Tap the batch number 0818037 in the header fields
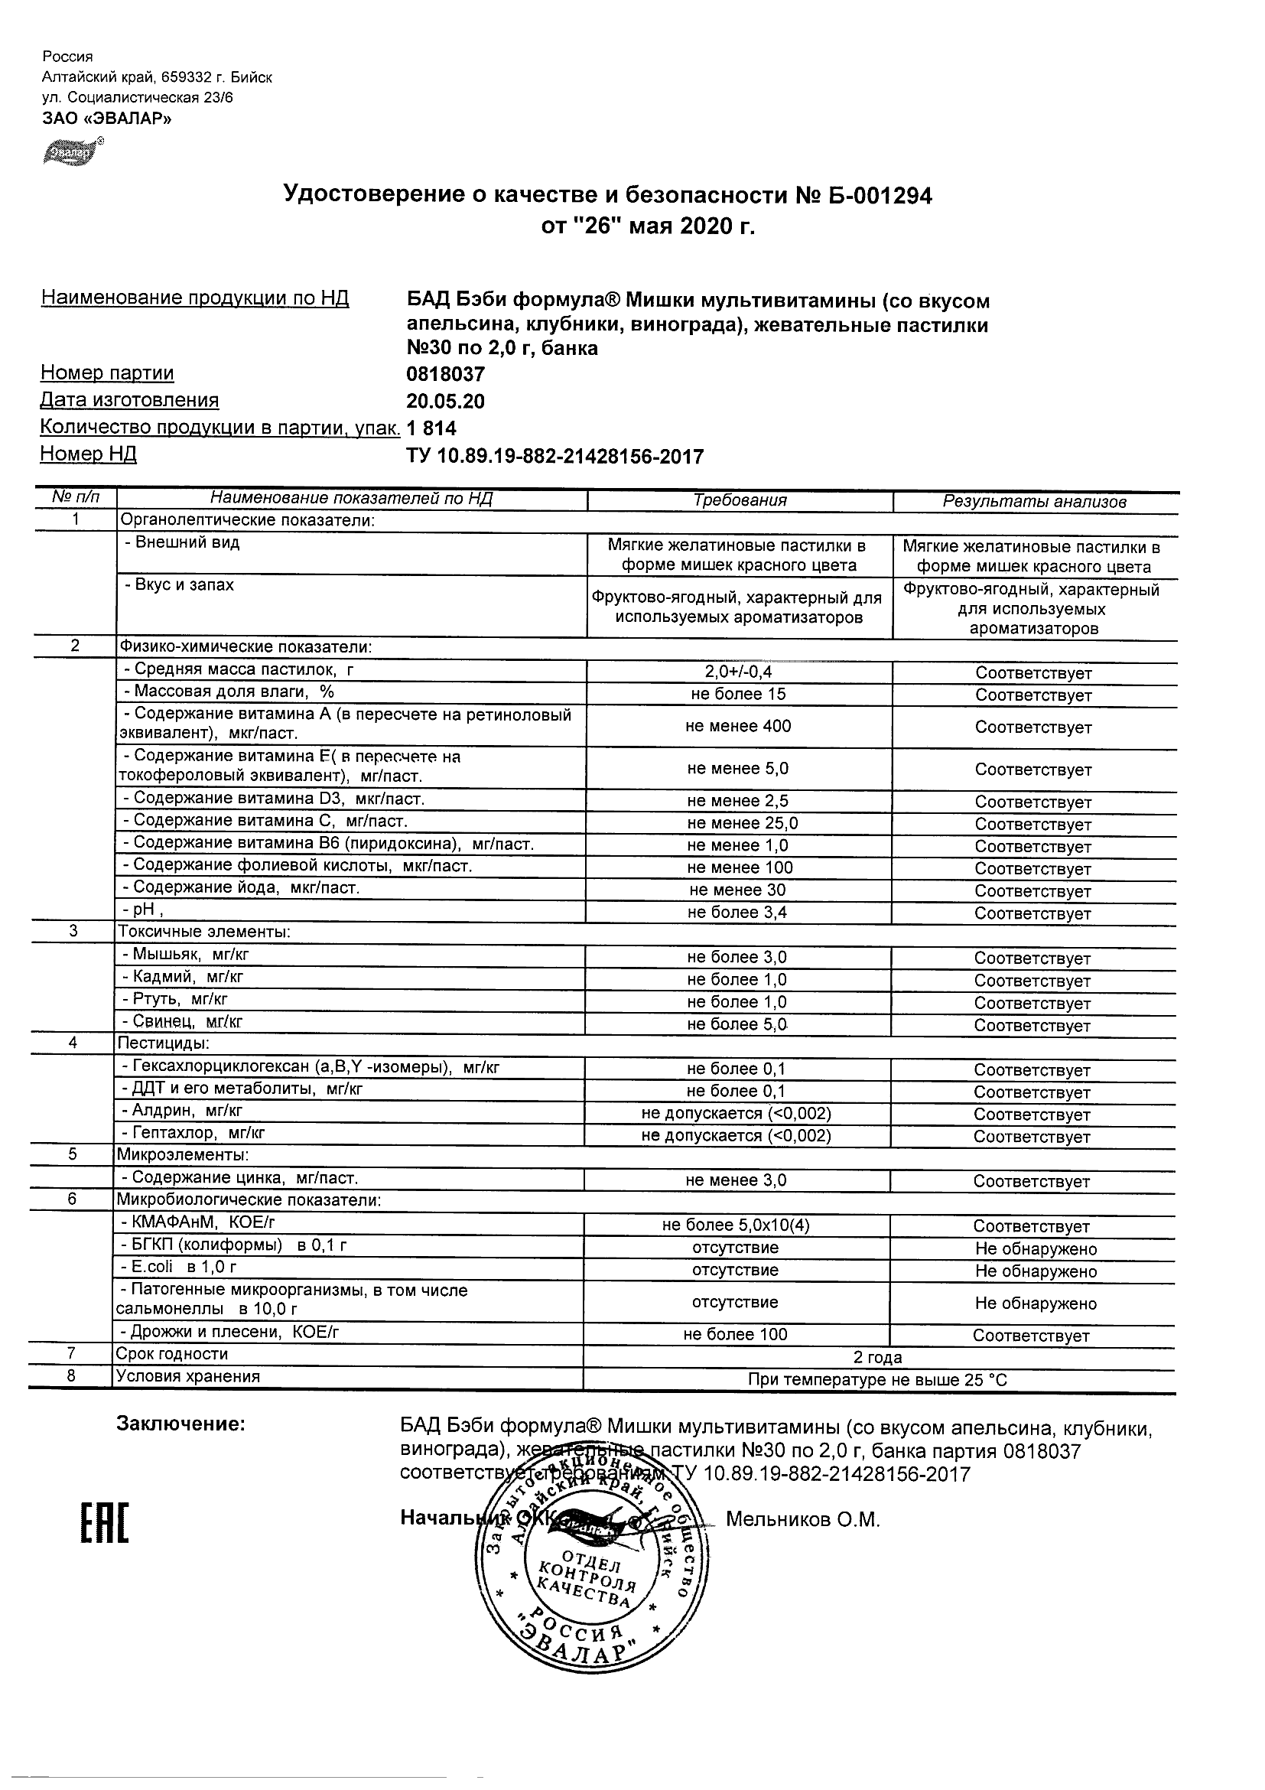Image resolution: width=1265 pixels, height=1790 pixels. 446,375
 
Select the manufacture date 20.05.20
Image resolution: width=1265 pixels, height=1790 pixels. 445,402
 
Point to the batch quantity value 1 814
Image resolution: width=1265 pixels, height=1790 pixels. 431,428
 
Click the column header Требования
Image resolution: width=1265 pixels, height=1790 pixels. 740,500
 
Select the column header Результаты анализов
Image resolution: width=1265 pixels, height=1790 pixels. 1034,501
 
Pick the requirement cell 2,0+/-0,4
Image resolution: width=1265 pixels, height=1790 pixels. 738,672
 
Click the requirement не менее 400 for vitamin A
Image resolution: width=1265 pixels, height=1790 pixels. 738,727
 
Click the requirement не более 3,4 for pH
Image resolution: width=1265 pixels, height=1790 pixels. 737,912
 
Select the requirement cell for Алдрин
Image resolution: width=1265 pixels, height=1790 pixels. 736,1113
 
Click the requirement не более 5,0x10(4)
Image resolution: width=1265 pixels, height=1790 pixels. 736,1225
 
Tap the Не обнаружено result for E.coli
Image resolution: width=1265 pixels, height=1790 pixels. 1035,1271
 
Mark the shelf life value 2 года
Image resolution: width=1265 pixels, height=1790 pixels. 878,1357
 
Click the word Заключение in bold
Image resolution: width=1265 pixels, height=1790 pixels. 180,1424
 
